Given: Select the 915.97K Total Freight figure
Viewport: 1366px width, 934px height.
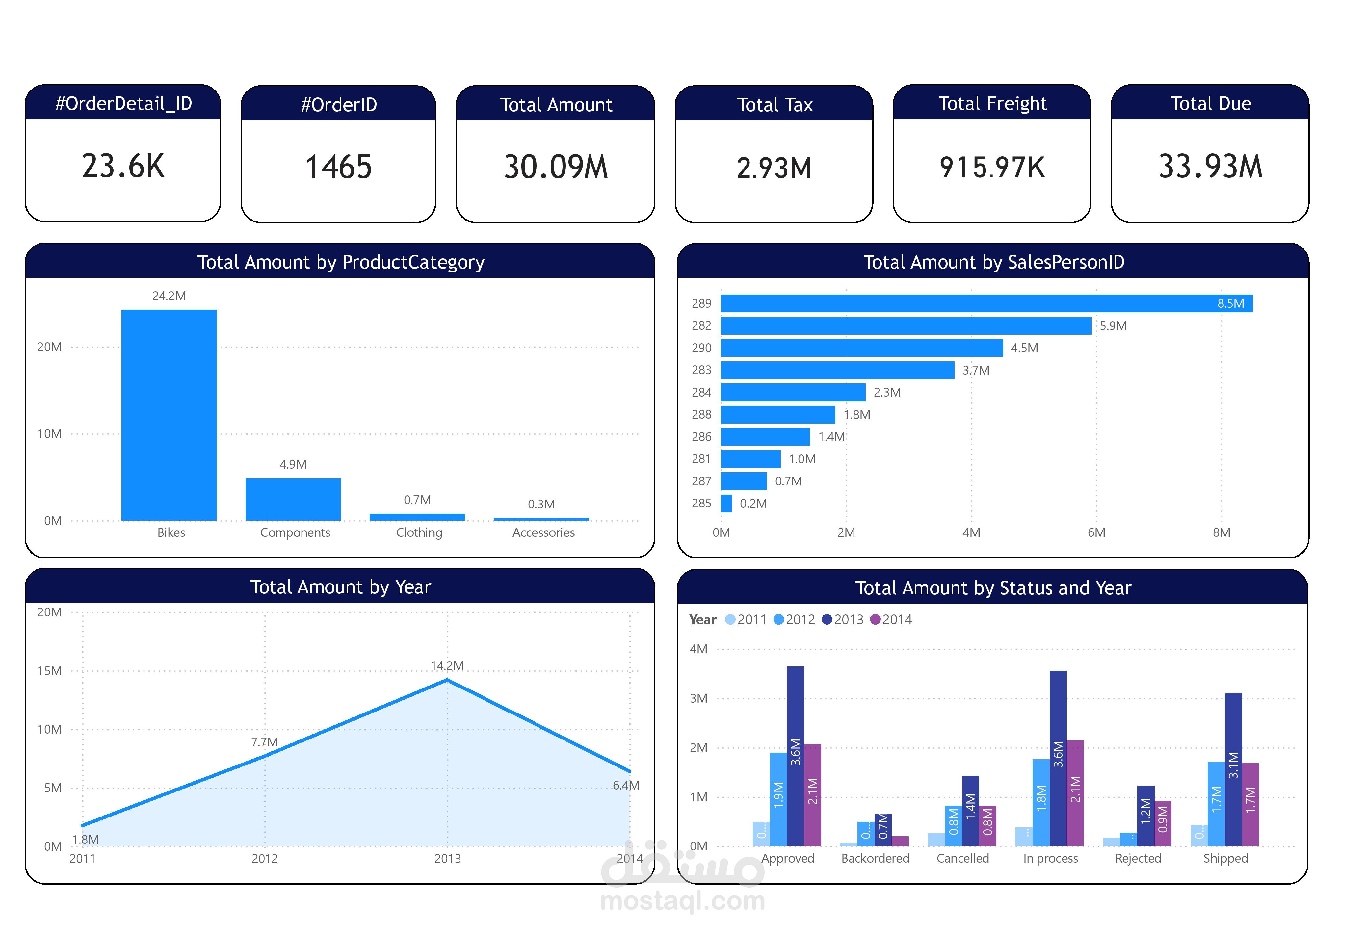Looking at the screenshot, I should click(x=992, y=168).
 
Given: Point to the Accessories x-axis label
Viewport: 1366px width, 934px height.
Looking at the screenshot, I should click(x=543, y=532).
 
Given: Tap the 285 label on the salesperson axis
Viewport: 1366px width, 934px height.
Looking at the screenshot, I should click(x=701, y=503).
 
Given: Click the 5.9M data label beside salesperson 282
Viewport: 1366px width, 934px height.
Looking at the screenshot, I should click(x=1113, y=325).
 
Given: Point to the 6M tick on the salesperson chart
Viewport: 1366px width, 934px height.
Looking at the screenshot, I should click(x=1096, y=532).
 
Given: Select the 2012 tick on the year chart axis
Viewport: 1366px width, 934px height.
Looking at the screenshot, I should click(x=265, y=858).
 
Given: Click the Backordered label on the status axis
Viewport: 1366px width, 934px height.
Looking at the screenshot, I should click(x=875, y=858).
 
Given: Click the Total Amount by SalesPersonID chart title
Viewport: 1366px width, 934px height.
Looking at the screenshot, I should click(x=993, y=262).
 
